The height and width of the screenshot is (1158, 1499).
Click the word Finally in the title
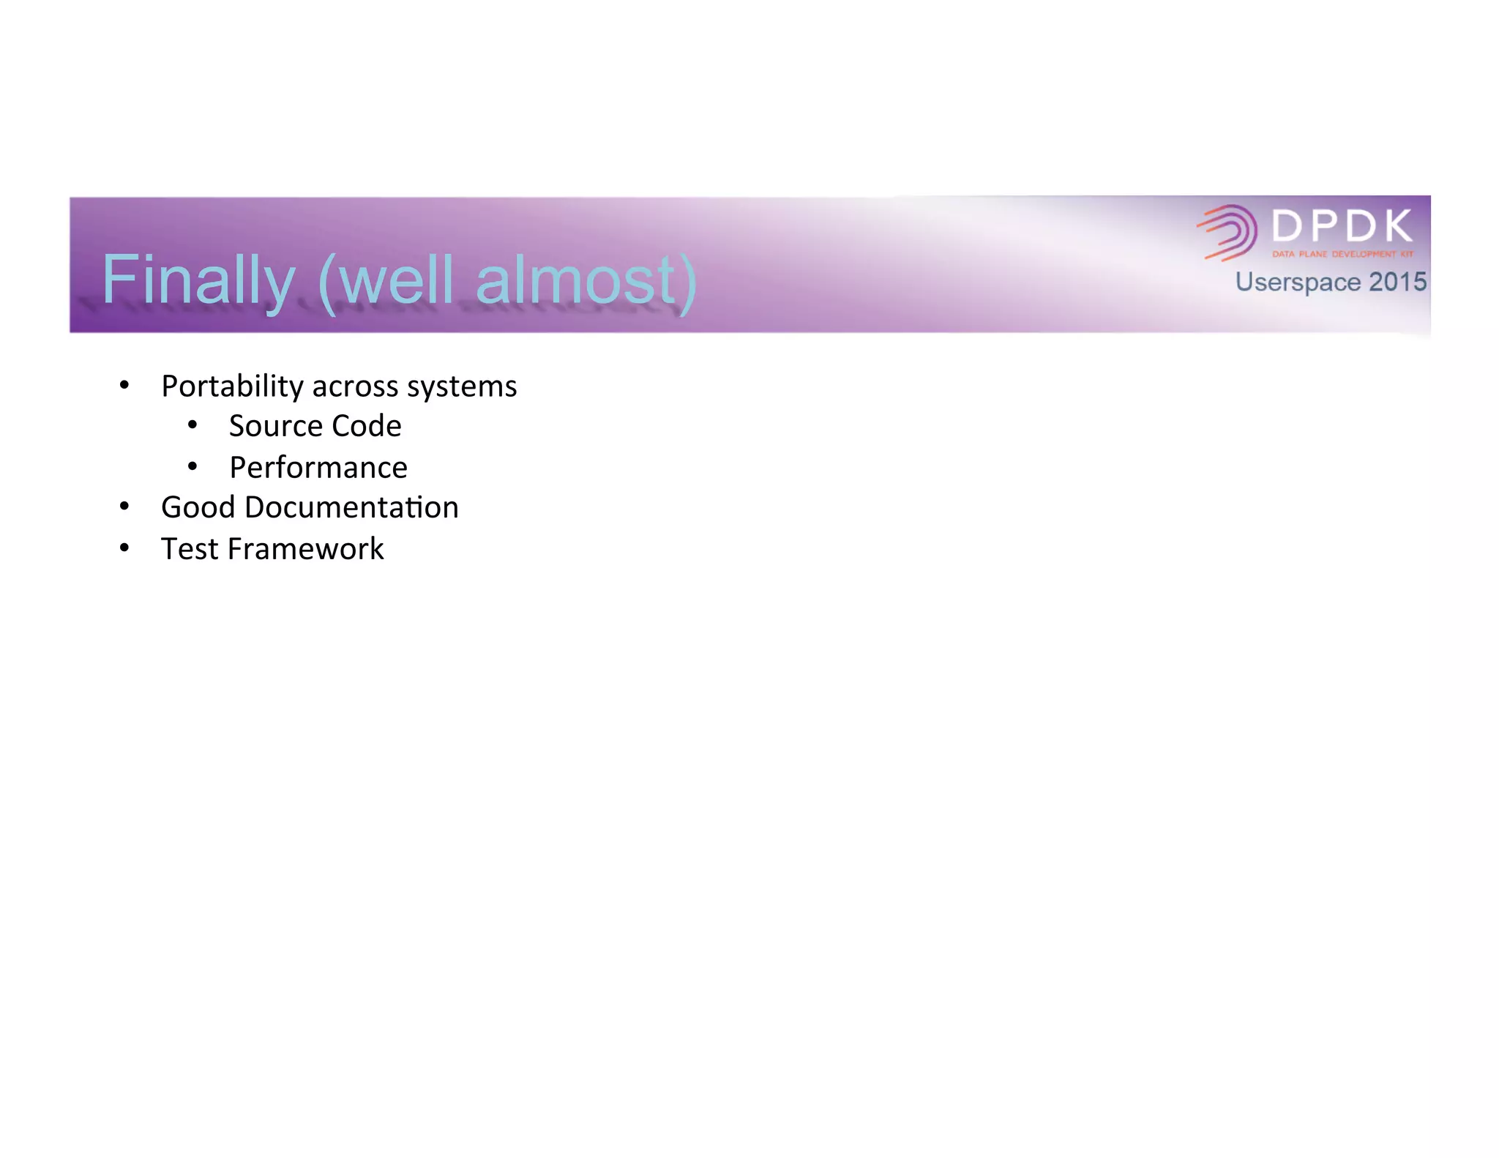click(198, 280)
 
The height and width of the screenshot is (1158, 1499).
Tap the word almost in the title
click(576, 280)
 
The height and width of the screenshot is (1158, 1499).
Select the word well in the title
click(396, 280)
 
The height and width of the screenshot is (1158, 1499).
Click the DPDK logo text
click(1342, 226)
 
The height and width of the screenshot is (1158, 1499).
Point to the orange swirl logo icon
click(1227, 233)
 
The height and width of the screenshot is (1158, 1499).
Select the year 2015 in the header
click(1398, 282)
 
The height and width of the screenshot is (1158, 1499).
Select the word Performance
click(318, 468)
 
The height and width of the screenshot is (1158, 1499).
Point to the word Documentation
click(351, 507)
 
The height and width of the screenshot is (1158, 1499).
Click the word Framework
click(305, 549)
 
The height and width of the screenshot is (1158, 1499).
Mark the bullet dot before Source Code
click(192, 425)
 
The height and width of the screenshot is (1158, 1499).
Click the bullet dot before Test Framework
click(124, 548)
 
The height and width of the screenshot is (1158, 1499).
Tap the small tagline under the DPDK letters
click(1342, 255)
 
